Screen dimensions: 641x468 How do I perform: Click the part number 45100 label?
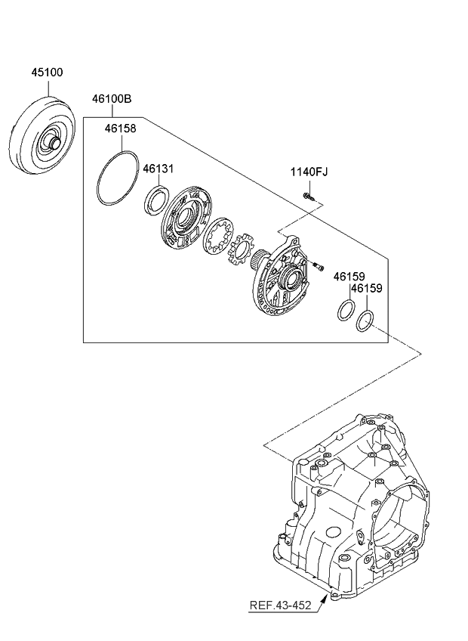click(47, 73)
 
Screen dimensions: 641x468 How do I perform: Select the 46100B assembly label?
click(112, 99)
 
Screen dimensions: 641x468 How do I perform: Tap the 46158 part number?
click(120, 129)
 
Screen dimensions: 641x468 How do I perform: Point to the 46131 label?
click(159, 169)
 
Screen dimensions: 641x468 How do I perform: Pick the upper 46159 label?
click(349, 277)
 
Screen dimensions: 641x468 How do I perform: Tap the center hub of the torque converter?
click(54, 141)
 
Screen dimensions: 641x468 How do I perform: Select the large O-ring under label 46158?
click(117, 178)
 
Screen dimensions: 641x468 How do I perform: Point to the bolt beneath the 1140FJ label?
click(310, 198)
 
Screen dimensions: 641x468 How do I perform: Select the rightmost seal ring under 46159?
click(364, 320)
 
